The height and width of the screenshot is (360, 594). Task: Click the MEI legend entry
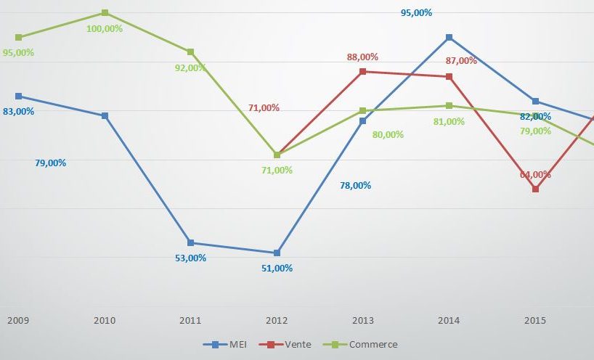[226, 344]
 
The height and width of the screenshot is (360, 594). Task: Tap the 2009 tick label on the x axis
[18, 320]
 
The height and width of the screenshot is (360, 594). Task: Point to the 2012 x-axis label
[277, 320]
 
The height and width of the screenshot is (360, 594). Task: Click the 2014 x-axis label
[449, 320]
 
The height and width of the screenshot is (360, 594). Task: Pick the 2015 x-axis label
[535, 320]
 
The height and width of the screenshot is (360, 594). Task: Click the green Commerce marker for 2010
[105, 13]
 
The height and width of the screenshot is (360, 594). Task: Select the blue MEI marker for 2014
[449, 37]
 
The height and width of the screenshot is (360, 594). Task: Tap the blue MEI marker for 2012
[277, 253]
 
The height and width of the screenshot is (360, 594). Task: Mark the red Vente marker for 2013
[363, 71]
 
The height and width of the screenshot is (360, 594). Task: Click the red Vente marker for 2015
[535, 189]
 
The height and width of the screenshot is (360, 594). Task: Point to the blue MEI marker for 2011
[191, 242]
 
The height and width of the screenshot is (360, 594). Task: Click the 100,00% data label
[105, 28]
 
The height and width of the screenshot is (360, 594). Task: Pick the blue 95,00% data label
[417, 12]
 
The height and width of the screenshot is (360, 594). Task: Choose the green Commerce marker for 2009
[18, 37]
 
